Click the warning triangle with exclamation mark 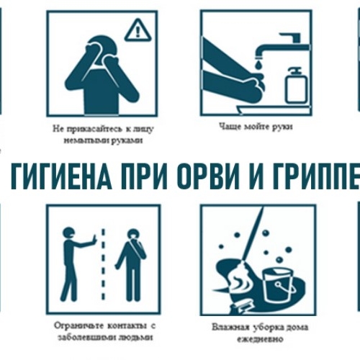[138, 30]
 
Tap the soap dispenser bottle [296, 86]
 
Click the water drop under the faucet [260, 65]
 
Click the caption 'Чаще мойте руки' [256, 127]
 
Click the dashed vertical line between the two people [103, 264]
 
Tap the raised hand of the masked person [94, 240]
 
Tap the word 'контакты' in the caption [127, 326]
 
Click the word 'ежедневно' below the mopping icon [260, 339]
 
